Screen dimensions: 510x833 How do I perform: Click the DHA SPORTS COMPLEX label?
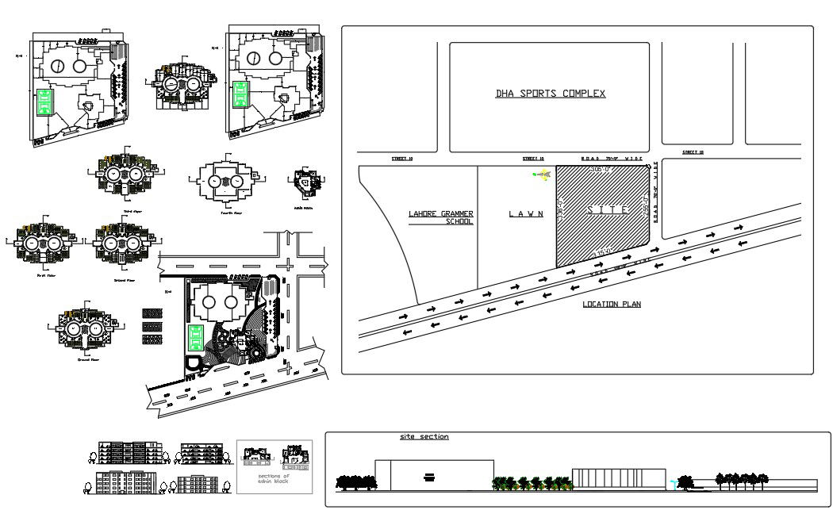550,94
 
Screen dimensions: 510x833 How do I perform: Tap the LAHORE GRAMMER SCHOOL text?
441,217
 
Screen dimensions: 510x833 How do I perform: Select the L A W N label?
526,213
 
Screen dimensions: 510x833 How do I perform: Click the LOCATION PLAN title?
611,304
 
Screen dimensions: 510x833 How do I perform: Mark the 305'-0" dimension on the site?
602,170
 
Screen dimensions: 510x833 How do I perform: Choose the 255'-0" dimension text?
646,208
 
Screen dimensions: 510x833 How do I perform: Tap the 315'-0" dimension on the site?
605,251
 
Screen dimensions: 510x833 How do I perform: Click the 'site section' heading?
424,437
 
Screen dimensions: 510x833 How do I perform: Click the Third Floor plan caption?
132,212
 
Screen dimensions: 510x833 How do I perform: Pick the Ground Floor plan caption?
87,359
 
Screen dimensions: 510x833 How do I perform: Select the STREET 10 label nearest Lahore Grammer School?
402,159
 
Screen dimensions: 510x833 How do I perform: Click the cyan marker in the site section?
673,481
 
